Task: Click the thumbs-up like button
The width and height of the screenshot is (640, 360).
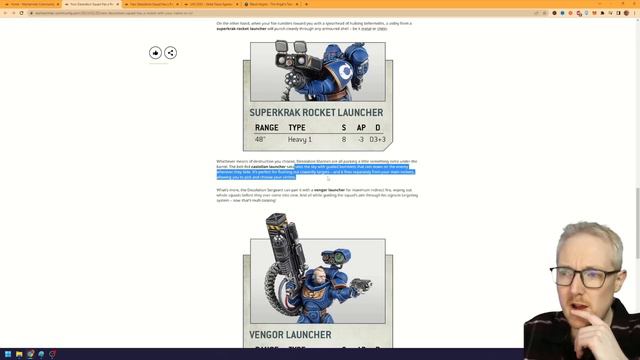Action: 155,52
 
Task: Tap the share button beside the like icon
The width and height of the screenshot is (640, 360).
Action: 170,52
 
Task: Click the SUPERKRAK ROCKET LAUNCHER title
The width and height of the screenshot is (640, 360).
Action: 316,113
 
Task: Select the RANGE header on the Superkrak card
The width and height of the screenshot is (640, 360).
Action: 266,128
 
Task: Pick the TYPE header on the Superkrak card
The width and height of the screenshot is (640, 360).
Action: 297,128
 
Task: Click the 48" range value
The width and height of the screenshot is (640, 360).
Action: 261,139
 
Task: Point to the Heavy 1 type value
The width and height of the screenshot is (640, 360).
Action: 300,139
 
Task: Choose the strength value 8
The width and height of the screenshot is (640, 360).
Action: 344,139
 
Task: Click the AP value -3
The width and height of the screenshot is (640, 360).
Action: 361,139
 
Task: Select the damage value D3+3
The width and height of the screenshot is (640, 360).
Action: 378,139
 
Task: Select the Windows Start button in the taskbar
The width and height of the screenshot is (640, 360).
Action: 5,354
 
